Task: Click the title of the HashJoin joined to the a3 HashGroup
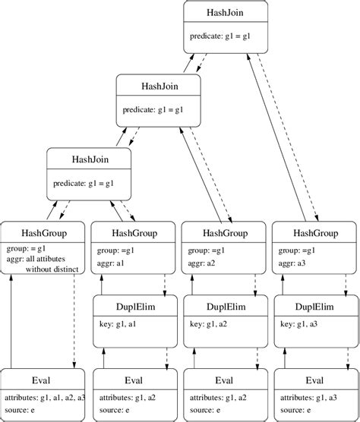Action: point(226,13)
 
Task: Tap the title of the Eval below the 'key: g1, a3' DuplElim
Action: point(314,380)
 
